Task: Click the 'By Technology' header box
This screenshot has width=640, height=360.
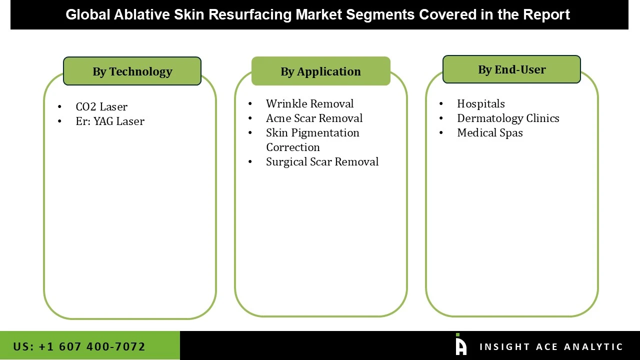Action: pos(132,71)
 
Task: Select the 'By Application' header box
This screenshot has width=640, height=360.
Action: pos(320,71)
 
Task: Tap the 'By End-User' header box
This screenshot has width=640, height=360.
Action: pos(511,69)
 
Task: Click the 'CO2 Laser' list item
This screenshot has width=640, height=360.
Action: pos(101,107)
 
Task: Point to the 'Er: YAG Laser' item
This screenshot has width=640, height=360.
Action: pos(110,121)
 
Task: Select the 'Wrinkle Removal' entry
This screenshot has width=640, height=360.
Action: pos(309,104)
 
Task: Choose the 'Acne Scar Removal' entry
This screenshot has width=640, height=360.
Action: pos(314,118)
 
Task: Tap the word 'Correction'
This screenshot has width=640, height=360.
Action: pos(292,147)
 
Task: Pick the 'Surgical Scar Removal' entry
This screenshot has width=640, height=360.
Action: pos(322,162)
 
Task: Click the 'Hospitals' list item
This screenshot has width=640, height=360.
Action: pos(480,104)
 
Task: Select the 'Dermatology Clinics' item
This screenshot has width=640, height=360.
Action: pos(508,118)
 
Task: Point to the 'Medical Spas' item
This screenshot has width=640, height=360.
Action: pos(489,133)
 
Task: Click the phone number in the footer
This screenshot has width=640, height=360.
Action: pos(79,346)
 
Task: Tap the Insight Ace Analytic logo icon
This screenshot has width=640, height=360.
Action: pos(460,345)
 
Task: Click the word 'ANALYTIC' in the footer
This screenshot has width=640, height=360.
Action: pos(593,347)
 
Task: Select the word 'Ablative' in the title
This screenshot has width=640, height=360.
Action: pos(141,14)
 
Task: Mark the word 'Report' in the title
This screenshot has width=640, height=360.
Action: pos(546,14)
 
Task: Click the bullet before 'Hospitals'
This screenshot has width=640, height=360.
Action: pos(441,104)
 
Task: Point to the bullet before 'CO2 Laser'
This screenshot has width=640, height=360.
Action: pos(59,107)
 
